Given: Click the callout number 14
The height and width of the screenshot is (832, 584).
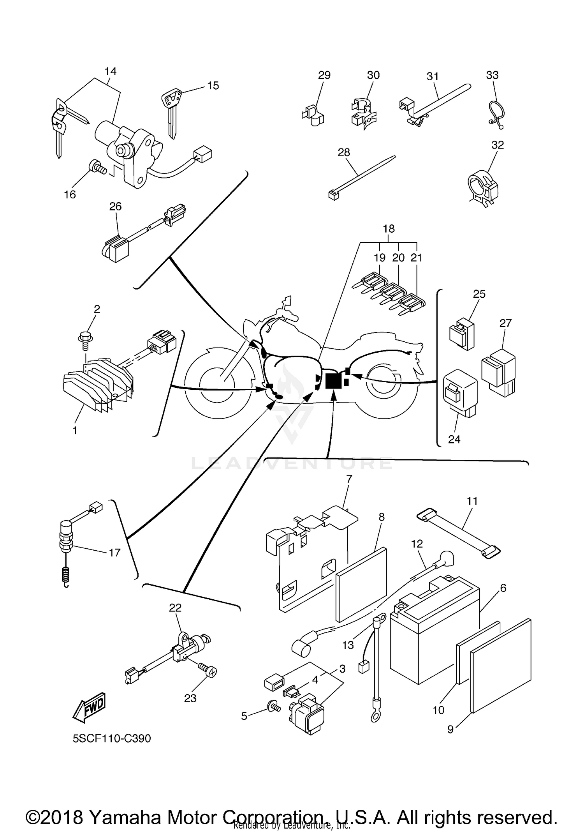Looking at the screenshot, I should [x=110, y=71].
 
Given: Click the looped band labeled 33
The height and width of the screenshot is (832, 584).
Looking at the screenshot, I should [x=497, y=113].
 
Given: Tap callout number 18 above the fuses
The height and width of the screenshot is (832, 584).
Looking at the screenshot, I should [x=389, y=228].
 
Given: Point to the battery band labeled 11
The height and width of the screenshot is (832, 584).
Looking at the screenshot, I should [x=459, y=532].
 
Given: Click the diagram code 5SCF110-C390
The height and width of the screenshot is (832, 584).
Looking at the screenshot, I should [x=112, y=738].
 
